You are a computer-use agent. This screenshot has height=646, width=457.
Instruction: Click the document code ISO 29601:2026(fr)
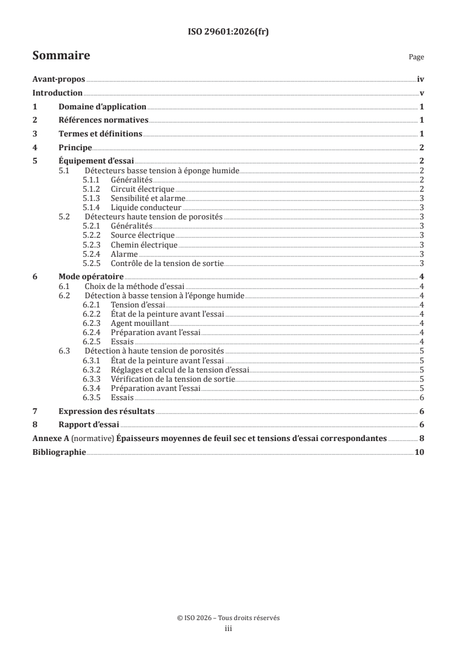(228, 32)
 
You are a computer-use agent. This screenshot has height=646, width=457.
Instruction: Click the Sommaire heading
(61, 56)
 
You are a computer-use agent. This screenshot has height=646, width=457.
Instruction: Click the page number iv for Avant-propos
(421, 80)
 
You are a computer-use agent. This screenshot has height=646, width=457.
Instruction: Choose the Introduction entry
(58, 93)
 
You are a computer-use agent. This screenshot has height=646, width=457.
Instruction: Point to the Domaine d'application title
(103, 107)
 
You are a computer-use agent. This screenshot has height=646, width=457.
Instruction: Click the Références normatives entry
(104, 120)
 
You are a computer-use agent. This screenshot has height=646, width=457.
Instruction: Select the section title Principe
(75, 147)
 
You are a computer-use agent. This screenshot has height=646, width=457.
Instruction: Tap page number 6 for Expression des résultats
(422, 411)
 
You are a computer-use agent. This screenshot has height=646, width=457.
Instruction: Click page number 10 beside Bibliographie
(420, 452)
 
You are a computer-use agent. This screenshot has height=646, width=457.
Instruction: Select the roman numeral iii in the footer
(228, 629)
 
